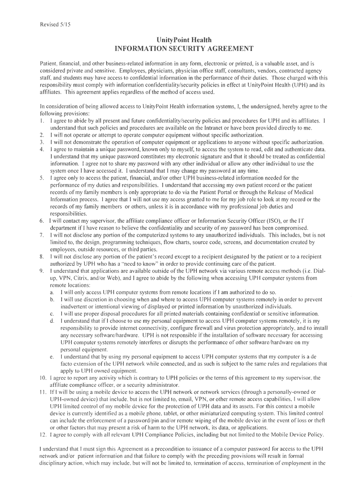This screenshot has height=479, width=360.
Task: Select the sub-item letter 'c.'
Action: (x=51, y=313)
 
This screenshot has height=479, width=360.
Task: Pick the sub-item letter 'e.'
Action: (x=51, y=357)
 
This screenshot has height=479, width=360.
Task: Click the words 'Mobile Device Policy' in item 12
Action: (x=295, y=435)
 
